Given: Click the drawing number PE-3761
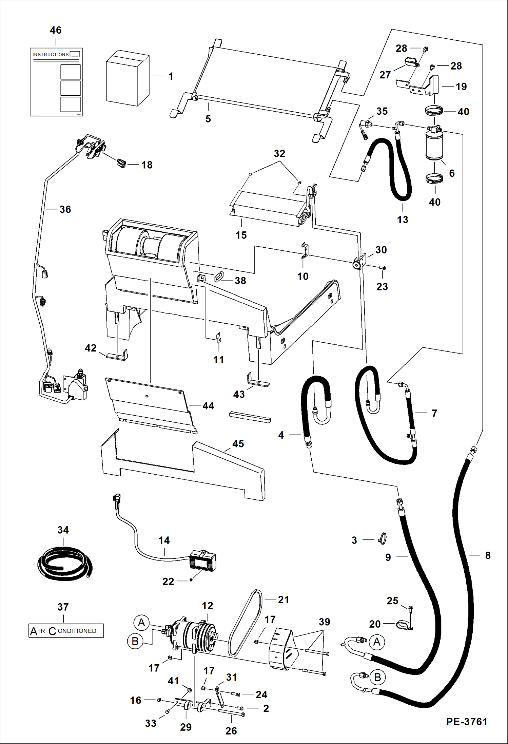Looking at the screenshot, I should point(467,721).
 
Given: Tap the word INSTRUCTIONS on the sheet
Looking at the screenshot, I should point(51,55).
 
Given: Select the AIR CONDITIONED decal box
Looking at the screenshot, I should point(66,631).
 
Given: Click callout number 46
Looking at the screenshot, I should point(56,30).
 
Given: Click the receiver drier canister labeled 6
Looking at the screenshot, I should point(434,144).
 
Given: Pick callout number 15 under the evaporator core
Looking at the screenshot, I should point(241,235).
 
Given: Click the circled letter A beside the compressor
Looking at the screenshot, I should point(141,623).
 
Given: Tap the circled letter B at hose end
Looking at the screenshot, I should point(377,677).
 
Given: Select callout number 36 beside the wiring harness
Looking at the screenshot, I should point(65,209).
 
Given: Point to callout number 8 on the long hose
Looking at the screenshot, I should point(488,555).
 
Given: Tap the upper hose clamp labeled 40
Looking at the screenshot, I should point(434,111).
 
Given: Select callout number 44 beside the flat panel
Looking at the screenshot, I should point(208,406).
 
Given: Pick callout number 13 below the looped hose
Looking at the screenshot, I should point(403,220).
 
